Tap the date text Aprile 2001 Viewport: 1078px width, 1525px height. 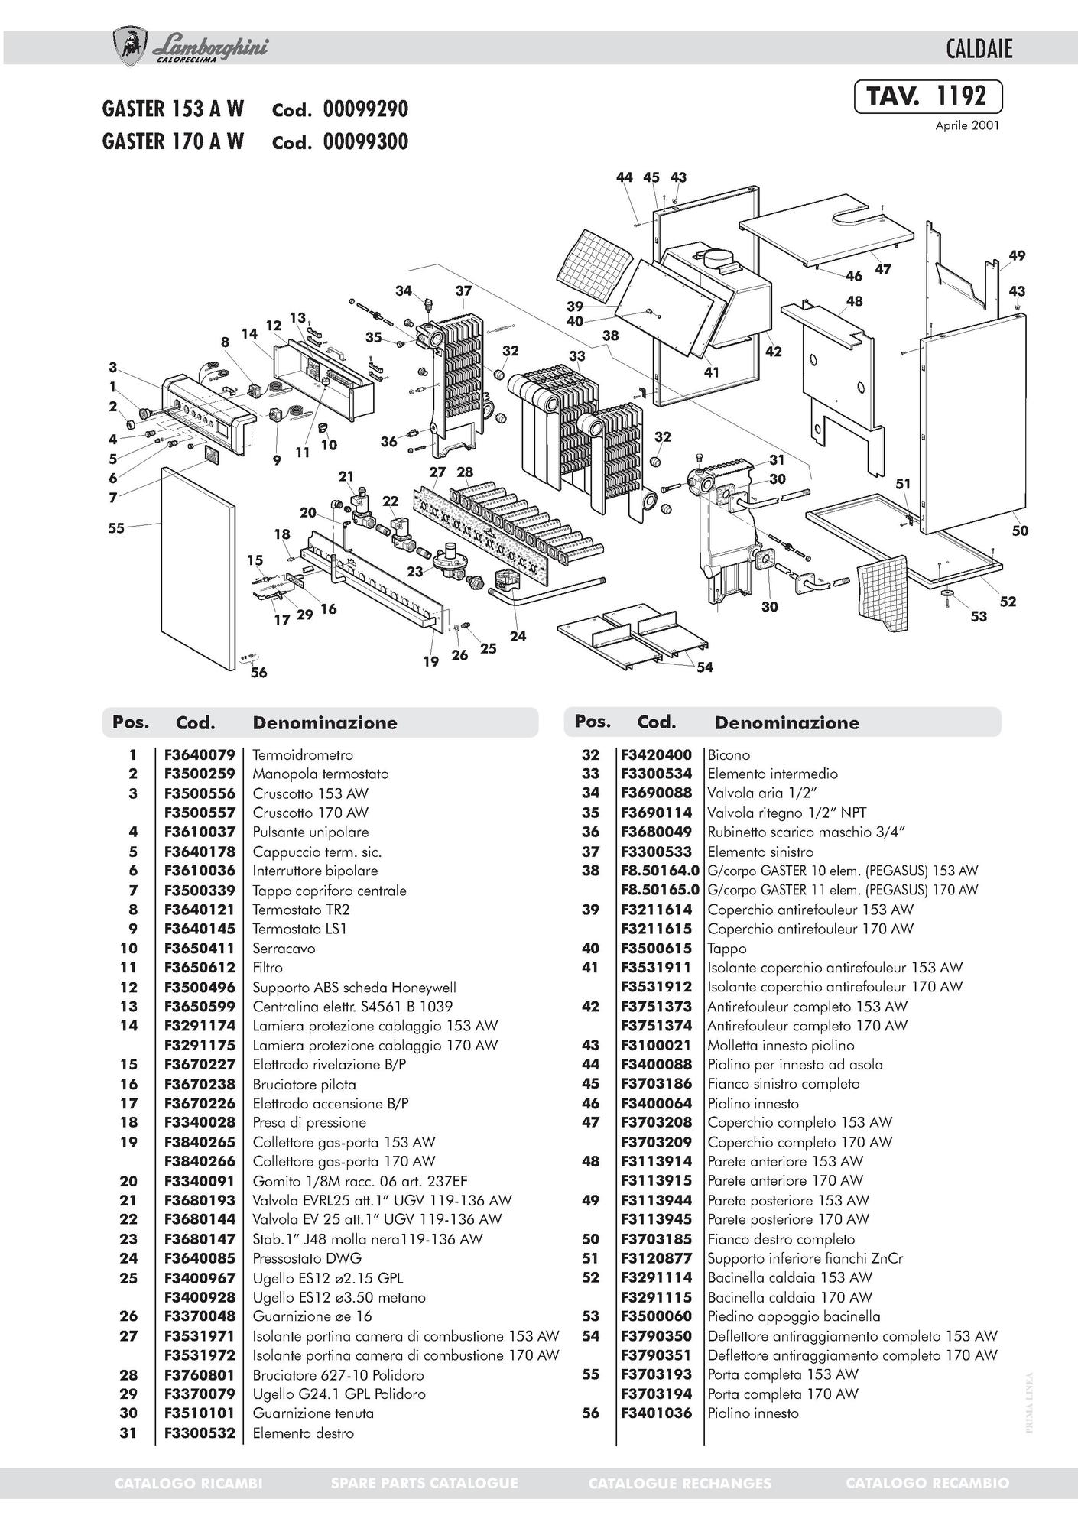(x=967, y=126)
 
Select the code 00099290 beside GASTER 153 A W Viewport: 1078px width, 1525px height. (x=365, y=109)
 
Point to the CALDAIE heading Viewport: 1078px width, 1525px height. (x=979, y=50)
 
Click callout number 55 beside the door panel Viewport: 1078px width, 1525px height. (x=115, y=527)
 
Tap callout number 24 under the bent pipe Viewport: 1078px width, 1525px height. (x=518, y=636)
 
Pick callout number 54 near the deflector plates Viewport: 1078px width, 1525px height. (x=705, y=667)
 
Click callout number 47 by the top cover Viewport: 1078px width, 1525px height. (x=883, y=270)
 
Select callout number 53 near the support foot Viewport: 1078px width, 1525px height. (x=979, y=616)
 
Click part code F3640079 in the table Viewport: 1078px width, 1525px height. (x=200, y=755)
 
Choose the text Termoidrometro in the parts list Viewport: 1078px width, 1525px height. (x=303, y=755)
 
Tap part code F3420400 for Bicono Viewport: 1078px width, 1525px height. (x=656, y=755)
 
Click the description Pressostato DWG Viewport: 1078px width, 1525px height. (x=307, y=1258)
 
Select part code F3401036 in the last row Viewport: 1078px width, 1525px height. (x=656, y=1413)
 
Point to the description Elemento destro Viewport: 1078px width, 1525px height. (x=304, y=1433)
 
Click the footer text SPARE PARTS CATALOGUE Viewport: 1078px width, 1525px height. (x=424, y=1483)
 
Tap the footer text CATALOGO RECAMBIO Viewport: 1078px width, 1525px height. (x=927, y=1483)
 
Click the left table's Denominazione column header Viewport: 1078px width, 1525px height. (x=325, y=722)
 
